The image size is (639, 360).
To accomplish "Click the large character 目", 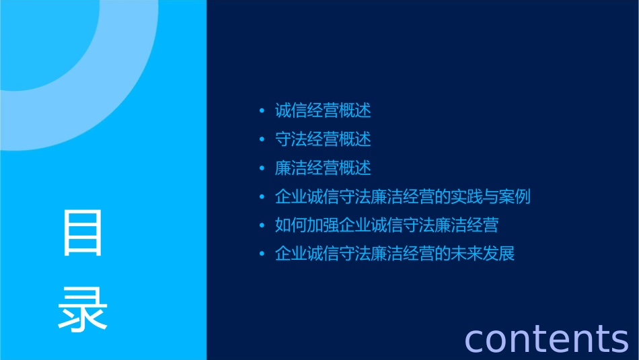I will [x=83, y=233].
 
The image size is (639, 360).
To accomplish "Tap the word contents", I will [x=546, y=338].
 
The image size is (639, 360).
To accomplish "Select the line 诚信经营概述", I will [x=323, y=110].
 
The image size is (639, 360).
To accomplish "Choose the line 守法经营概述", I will [x=323, y=139].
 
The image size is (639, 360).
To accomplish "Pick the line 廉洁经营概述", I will [x=323, y=168].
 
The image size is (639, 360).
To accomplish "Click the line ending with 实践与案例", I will [x=402, y=197].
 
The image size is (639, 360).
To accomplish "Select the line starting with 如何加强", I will [x=386, y=225].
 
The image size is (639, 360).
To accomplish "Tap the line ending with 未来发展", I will [x=394, y=254].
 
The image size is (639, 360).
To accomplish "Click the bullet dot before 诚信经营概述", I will [x=262, y=110].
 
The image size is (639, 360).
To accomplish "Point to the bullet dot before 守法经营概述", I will [x=262, y=139].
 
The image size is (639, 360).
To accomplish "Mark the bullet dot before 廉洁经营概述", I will [x=262, y=168].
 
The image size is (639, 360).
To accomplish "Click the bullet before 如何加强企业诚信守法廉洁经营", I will [x=262, y=226].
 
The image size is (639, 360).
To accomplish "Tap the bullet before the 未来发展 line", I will [x=262, y=255].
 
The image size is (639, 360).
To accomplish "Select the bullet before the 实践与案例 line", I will [x=262, y=197].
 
